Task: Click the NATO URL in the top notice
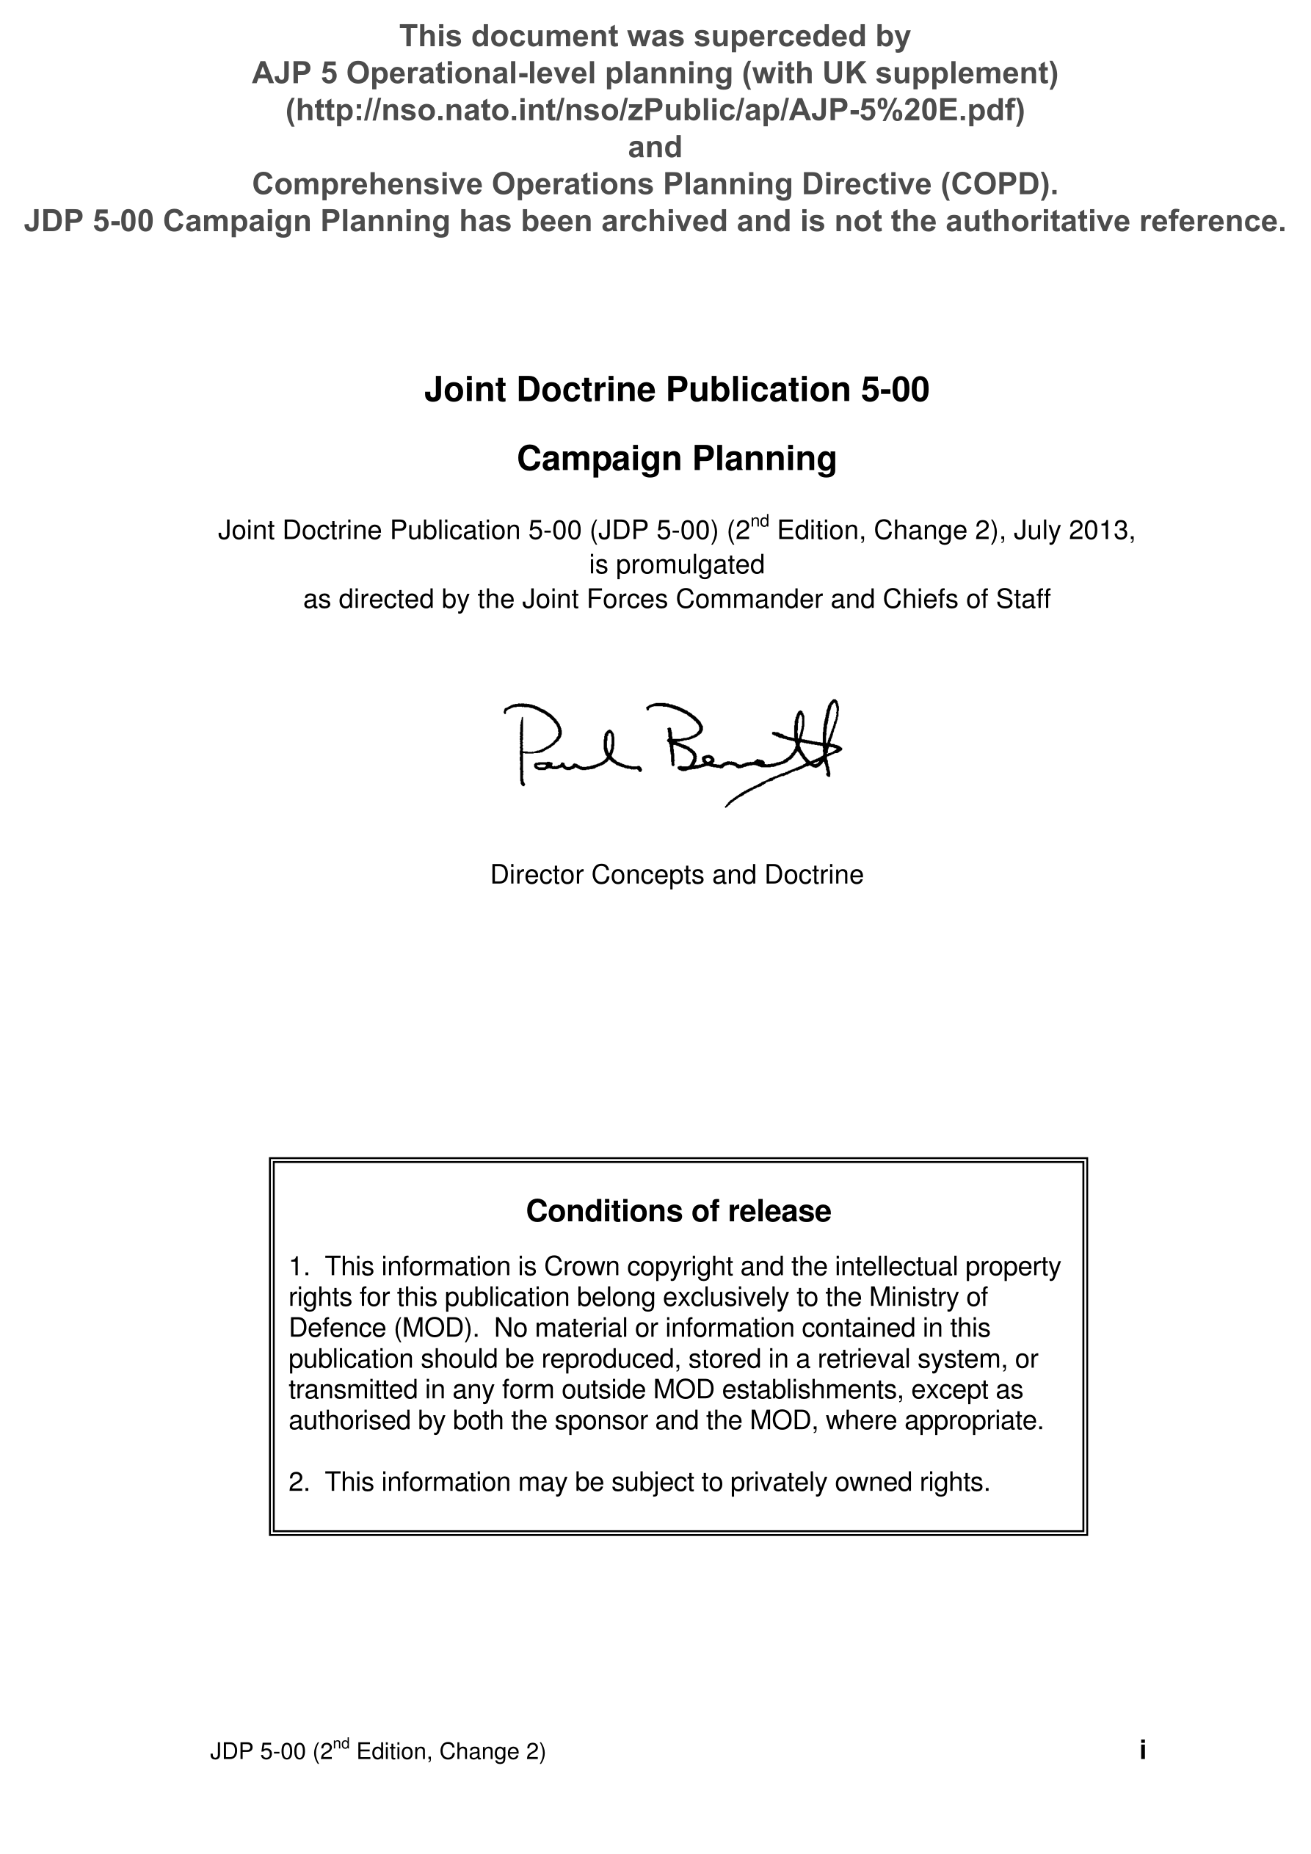655,110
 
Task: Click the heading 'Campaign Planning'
676,459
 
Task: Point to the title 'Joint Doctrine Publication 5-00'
676,389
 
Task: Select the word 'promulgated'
690,564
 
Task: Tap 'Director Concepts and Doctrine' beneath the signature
676,874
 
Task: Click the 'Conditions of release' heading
678,1211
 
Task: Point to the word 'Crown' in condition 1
581,1267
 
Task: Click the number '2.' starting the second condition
299,1483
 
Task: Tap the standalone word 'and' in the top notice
655,147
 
